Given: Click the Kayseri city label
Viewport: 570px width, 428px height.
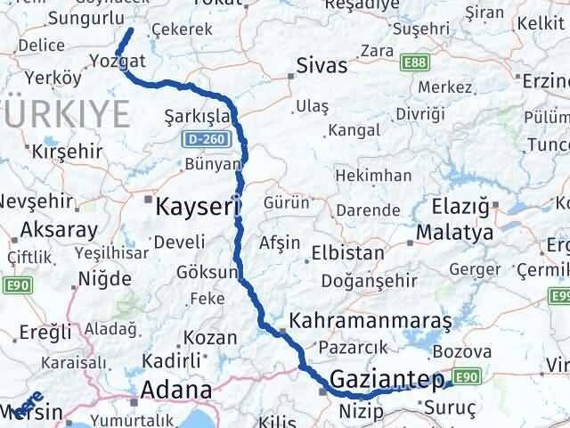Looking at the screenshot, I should (x=198, y=208).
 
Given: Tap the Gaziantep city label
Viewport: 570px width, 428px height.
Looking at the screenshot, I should (x=386, y=381).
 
